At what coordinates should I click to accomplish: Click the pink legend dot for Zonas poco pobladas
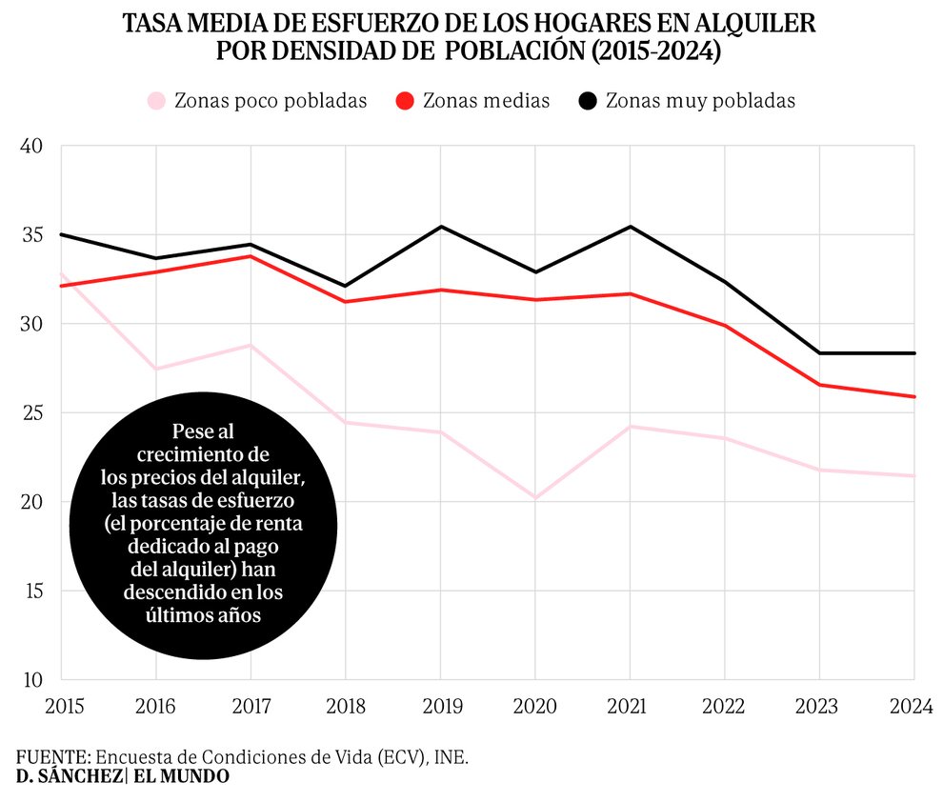coord(157,101)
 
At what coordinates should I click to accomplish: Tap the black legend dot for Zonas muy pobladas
coord(589,101)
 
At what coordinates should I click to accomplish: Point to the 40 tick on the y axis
coord(31,146)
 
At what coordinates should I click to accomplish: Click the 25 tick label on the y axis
coord(31,413)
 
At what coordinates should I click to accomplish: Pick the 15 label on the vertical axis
coord(31,591)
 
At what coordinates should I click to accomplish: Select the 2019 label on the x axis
coord(440,706)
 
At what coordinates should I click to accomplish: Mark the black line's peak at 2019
coord(440,227)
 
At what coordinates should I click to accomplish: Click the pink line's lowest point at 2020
coord(534,497)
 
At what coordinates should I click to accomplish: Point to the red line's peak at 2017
coord(251,256)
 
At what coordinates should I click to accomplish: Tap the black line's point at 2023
coord(820,353)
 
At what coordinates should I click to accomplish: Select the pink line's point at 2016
coord(155,369)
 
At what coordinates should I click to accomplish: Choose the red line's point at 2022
coord(725,325)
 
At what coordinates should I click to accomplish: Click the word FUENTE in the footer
coord(52,756)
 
